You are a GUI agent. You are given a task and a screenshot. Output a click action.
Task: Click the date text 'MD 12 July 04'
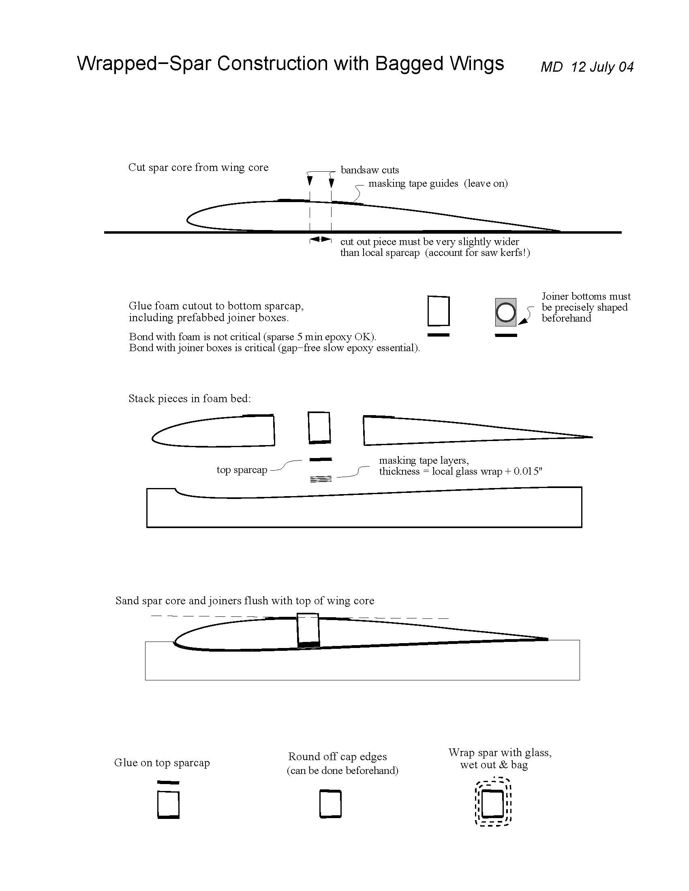(586, 66)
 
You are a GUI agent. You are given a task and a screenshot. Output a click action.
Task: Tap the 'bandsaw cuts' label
(369, 170)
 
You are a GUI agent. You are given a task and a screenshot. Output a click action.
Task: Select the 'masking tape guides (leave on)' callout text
(438, 183)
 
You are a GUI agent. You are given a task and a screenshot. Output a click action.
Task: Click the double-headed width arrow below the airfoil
(320, 239)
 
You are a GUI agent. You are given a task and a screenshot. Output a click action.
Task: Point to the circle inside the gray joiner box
(505, 313)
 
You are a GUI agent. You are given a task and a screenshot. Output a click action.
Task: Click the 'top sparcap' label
(242, 469)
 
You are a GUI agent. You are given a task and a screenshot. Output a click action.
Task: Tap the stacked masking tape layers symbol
(321, 479)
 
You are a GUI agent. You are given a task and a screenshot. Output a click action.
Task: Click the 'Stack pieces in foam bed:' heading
(189, 398)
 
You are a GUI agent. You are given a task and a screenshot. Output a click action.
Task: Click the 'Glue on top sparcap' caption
(162, 763)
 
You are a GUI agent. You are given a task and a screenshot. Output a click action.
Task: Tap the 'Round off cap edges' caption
(337, 757)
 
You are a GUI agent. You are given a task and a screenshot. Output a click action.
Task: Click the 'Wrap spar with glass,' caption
(500, 752)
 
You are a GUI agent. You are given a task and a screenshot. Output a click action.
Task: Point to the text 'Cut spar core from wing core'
(198, 167)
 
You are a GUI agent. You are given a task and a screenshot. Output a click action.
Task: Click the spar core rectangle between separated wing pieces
(319, 428)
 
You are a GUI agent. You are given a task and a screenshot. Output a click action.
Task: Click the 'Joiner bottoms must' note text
(586, 296)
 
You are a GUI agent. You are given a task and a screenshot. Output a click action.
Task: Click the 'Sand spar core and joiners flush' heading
(244, 601)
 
